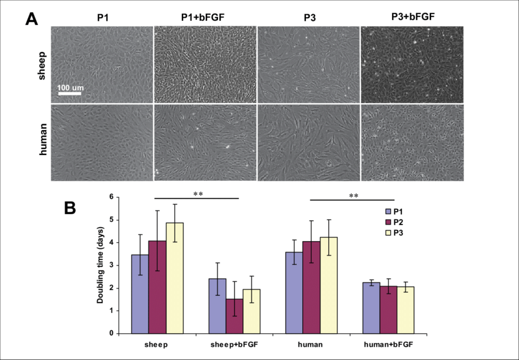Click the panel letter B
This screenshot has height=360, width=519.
[x=71, y=207]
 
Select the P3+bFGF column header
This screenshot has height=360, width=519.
[x=413, y=16]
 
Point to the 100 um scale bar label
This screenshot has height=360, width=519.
[x=70, y=88]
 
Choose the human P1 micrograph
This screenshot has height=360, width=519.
[x=101, y=143]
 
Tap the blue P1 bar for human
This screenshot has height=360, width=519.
[x=294, y=292]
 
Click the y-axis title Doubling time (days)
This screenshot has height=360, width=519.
[x=100, y=265]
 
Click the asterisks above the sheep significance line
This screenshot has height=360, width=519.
[x=198, y=194]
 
